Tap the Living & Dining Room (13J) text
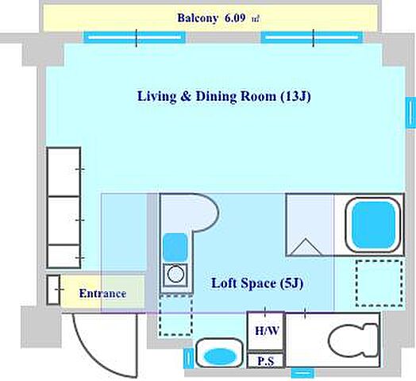(x=224, y=96)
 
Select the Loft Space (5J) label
(x=257, y=283)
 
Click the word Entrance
(x=102, y=294)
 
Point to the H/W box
(x=266, y=331)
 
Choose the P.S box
(x=266, y=360)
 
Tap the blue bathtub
(x=374, y=225)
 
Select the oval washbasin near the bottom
(x=220, y=356)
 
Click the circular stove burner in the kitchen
(x=175, y=275)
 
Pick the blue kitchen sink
(x=175, y=247)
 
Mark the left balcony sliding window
(x=134, y=37)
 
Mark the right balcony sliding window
(x=312, y=37)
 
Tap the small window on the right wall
(x=410, y=113)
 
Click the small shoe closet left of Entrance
(x=53, y=290)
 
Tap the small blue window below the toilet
(x=302, y=373)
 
